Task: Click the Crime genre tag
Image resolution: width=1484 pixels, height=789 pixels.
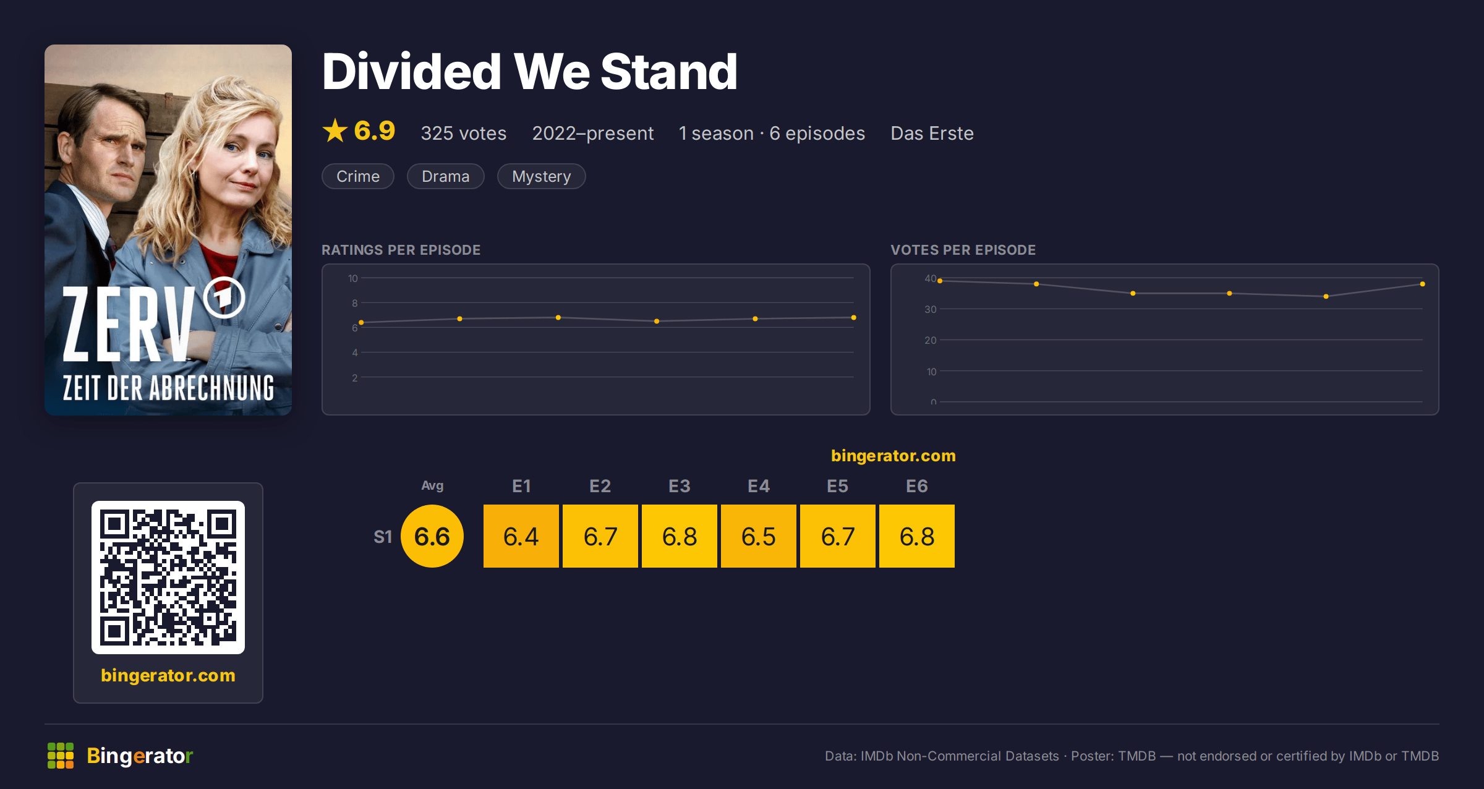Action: point(358,176)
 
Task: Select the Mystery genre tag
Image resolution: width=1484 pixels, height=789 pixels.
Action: point(541,176)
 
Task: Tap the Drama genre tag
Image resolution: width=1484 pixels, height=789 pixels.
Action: point(445,176)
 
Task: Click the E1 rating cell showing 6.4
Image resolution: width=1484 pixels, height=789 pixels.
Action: point(521,536)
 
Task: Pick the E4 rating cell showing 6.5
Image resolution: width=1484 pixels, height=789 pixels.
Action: point(759,536)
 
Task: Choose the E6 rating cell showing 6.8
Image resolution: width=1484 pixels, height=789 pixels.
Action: point(917,536)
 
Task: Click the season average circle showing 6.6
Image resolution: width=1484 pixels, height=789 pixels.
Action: point(432,536)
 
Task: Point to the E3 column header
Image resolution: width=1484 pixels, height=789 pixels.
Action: point(680,486)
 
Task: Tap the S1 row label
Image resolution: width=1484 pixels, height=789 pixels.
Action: point(383,537)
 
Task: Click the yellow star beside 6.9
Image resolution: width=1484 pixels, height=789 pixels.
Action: point(335,130)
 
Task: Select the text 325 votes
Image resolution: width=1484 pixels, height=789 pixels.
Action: point(464,133)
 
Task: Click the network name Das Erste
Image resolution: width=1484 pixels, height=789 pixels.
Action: point(932,133)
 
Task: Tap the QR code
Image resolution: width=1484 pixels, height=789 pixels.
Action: point(168,578)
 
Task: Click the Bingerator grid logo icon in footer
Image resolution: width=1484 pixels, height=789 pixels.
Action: point(61,756)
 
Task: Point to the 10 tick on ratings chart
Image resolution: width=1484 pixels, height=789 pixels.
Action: point(353,278)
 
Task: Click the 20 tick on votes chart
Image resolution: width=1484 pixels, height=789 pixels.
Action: point(931,340)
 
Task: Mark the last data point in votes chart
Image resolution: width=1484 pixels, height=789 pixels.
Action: point(1423,284)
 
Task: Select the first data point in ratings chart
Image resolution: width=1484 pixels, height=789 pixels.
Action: point(361,322)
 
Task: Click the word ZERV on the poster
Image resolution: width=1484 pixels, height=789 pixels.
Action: point(129,324)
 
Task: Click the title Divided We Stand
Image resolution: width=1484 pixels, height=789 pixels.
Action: point(530,72)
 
